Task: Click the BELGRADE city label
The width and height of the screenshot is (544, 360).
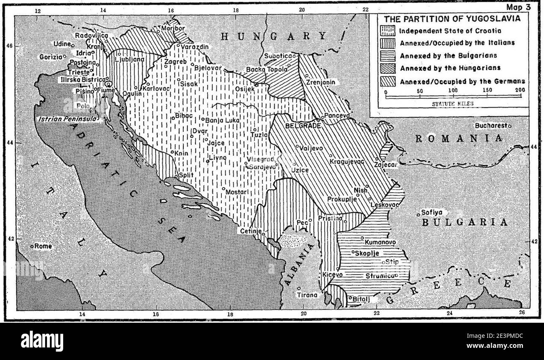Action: [300, 125]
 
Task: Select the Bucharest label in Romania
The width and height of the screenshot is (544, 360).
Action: [491, 126]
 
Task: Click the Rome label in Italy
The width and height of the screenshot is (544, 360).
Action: [43, 246]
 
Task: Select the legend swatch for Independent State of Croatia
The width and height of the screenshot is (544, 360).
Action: [387, 31]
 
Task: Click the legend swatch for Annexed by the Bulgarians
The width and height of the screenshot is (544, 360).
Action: [387, 55]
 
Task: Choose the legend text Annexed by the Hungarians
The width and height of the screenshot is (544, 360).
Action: [450, 68]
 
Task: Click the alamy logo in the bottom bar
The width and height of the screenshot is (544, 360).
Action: [42, 341]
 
